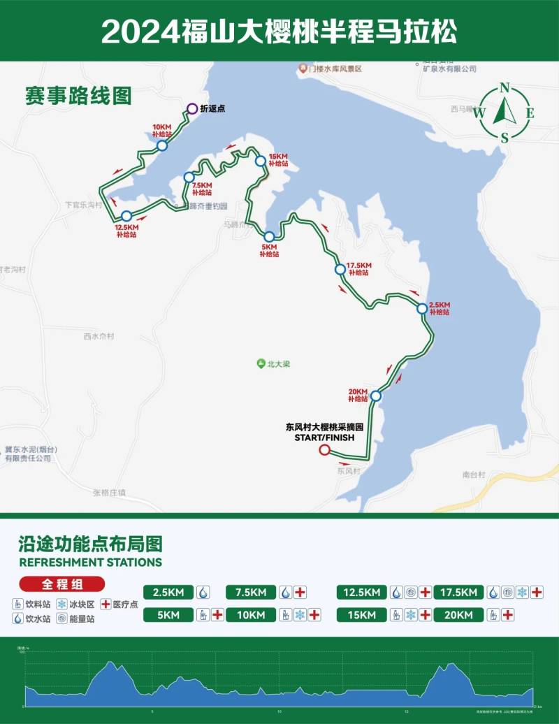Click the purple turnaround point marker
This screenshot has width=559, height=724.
coord(191,108)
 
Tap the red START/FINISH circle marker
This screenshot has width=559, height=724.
coord(324,451)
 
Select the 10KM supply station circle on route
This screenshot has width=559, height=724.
coord(162,145)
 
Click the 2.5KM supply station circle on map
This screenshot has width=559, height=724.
coord(421,308)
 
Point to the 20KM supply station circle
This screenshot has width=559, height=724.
coord(376,396)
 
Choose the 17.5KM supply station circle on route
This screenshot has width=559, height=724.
coord(340,268)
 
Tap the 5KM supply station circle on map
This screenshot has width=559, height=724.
coord(269,237)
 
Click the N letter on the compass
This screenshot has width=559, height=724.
coord(504,87)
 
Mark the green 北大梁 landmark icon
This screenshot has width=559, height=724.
coord(261,363)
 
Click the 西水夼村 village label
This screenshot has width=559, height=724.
coord(99,336)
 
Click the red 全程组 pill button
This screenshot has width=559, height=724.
coord(62,584)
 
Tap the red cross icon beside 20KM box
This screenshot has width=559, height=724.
coord(508,615)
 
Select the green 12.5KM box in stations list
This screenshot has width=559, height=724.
coord(361,593)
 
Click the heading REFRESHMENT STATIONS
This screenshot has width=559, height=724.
coord(91,562)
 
